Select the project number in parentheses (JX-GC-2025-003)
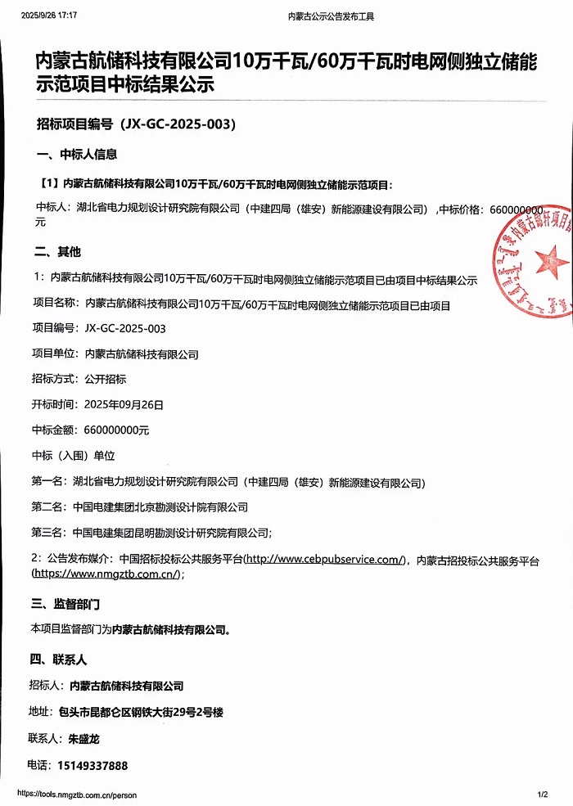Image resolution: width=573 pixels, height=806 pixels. pyautogui.click(x=178, y=124)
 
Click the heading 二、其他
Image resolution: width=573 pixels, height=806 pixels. pyautogui.click(x=57, y=252)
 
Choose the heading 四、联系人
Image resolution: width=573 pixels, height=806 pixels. pyautogui.click(x=58, y=659)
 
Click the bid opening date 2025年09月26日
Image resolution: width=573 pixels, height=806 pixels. pyautogui.click(x=124, y=404)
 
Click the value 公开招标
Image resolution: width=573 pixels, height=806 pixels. pyautogui.click(x=105, y=380)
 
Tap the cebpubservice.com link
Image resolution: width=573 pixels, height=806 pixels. pyautogui.click(x=325, y=560)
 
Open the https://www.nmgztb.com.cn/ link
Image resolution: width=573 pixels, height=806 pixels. pyautogui.click(x=105, y=574)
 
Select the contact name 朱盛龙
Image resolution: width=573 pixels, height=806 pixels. pyautogui.click(x=84, y=739)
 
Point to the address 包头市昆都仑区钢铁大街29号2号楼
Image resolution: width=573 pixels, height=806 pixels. pyautogui.click(x=146, y=712)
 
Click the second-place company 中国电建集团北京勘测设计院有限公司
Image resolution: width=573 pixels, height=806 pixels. pyautogui.click(x=160, y=508)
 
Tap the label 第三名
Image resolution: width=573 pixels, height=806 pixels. pyautogui.click(x=47, y=533)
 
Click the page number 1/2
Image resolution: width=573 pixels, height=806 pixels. pyautogui.click(x=542, y=795)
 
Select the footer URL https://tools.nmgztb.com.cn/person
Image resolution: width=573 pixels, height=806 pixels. pyautogui.click(x=77, y=795)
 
